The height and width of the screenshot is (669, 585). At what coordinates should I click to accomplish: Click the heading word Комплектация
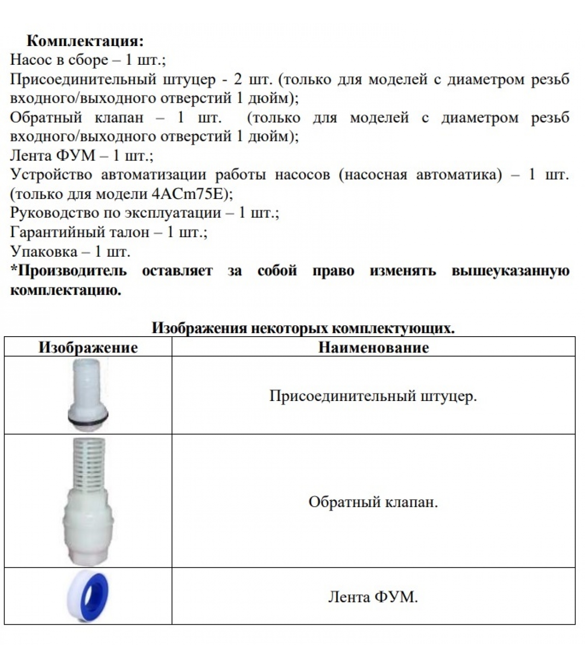click(85, 41)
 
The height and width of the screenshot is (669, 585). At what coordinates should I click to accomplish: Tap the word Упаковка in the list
click(43, 251)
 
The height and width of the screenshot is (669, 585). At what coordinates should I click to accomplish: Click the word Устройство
click(51, 174)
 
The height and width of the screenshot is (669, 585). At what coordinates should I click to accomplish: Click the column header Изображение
click(88, 347)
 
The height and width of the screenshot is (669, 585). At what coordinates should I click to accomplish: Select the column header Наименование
click(374, 347)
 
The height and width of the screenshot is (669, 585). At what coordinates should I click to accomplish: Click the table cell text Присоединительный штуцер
click(373, 396)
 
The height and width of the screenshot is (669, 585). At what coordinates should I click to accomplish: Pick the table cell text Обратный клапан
click(373, 501)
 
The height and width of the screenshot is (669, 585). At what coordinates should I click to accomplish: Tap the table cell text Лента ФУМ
click(373, 597)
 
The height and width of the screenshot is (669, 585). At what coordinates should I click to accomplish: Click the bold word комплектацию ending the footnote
click(65, 290)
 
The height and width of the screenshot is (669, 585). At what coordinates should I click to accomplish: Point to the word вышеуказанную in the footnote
click(510, 271)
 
